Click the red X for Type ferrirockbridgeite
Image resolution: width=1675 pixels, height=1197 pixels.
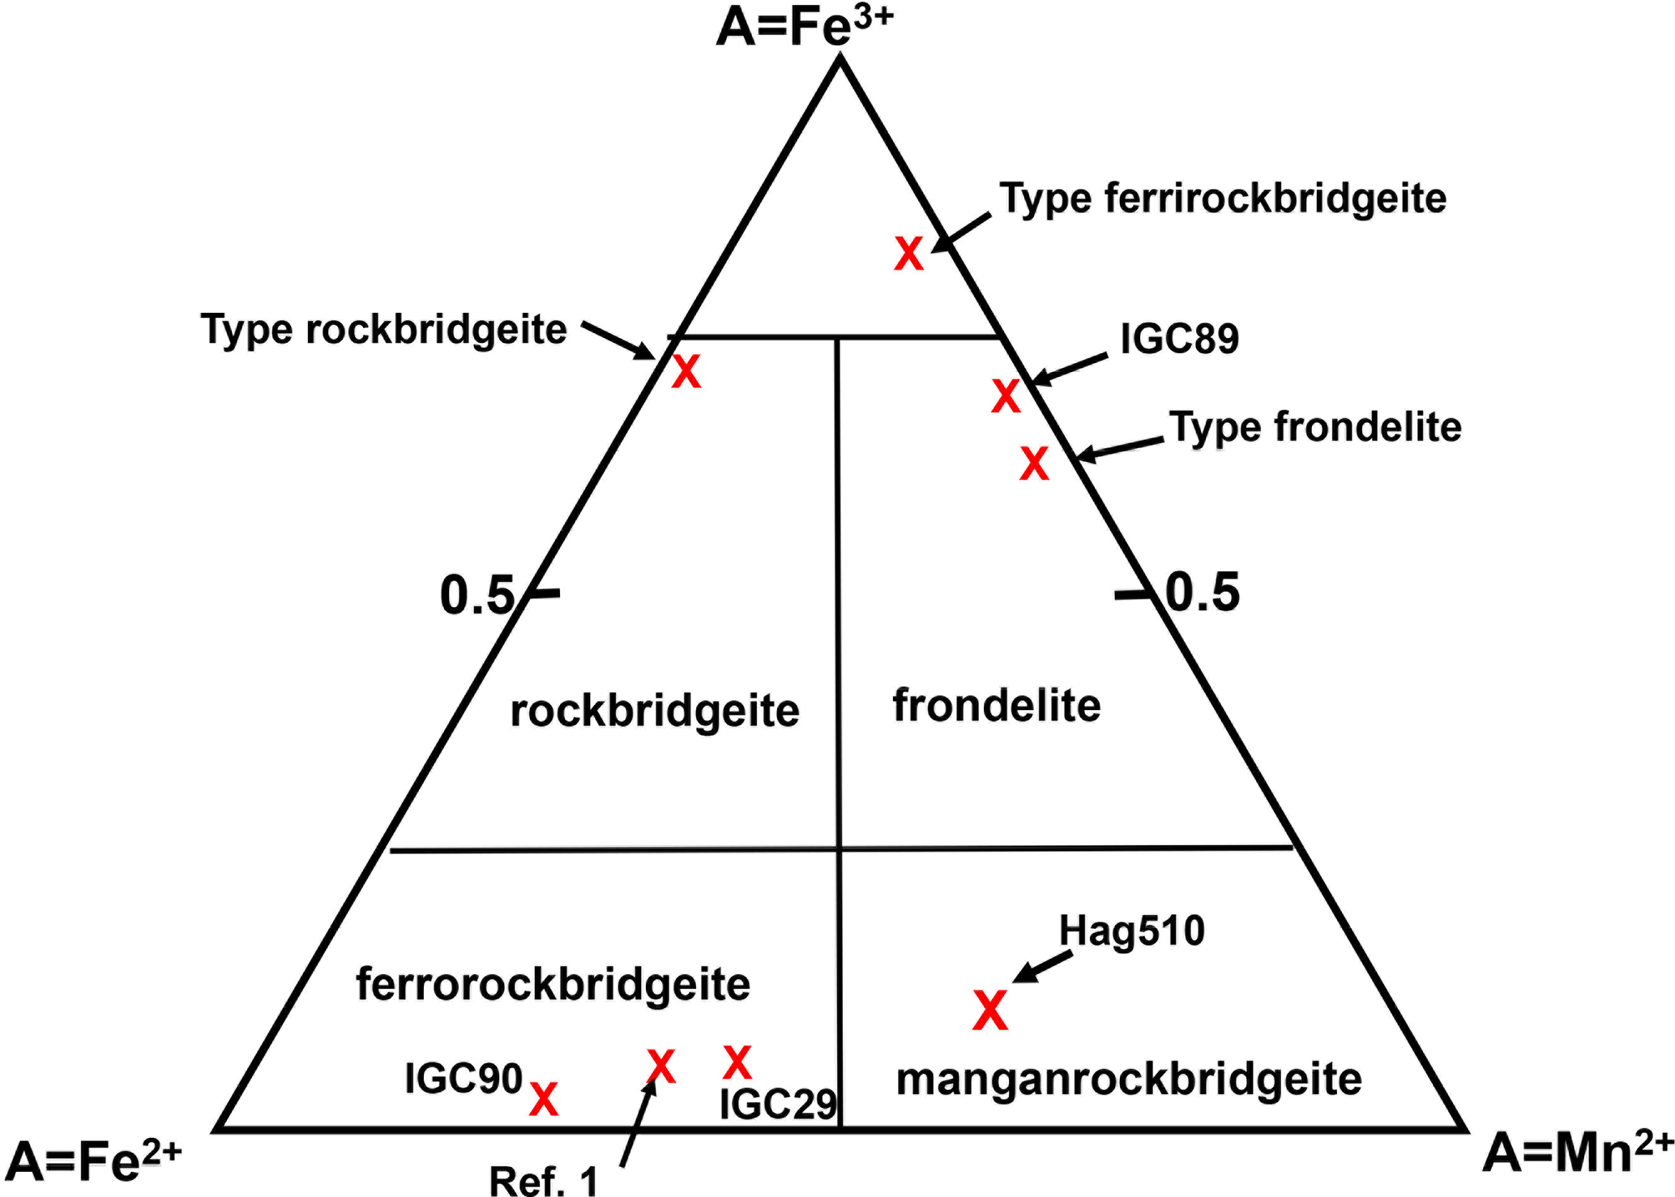click(x=908, y=254)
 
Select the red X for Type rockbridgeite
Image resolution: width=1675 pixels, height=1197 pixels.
click(x=686, y=373)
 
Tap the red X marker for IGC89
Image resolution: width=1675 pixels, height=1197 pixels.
click(x=1006, y=396)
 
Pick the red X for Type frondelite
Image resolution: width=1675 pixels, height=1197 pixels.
click(x=1034, y=464)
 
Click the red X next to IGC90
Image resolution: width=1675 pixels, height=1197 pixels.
click(x=544, y=1099)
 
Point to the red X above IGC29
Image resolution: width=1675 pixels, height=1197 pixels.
click(x=737, y=1062)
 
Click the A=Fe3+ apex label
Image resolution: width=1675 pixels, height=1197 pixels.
click(x=804, y=28)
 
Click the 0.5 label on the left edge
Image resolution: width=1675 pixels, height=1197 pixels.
click(x=476, y=596)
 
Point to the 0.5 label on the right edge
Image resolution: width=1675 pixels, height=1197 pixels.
click(x=1202, y=592)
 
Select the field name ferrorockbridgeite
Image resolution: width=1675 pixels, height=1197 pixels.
click(x=553, y=985)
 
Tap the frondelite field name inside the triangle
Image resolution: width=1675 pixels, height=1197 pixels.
click(x=997, y=705)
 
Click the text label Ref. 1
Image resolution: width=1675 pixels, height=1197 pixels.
click(x=543, y=1180)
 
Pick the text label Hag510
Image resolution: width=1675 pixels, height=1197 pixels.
click(x=1132, y=931)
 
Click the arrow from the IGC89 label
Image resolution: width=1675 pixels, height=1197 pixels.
click(x=1069, y=369)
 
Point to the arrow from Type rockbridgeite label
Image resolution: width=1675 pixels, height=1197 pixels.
click(x=618, y=341)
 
